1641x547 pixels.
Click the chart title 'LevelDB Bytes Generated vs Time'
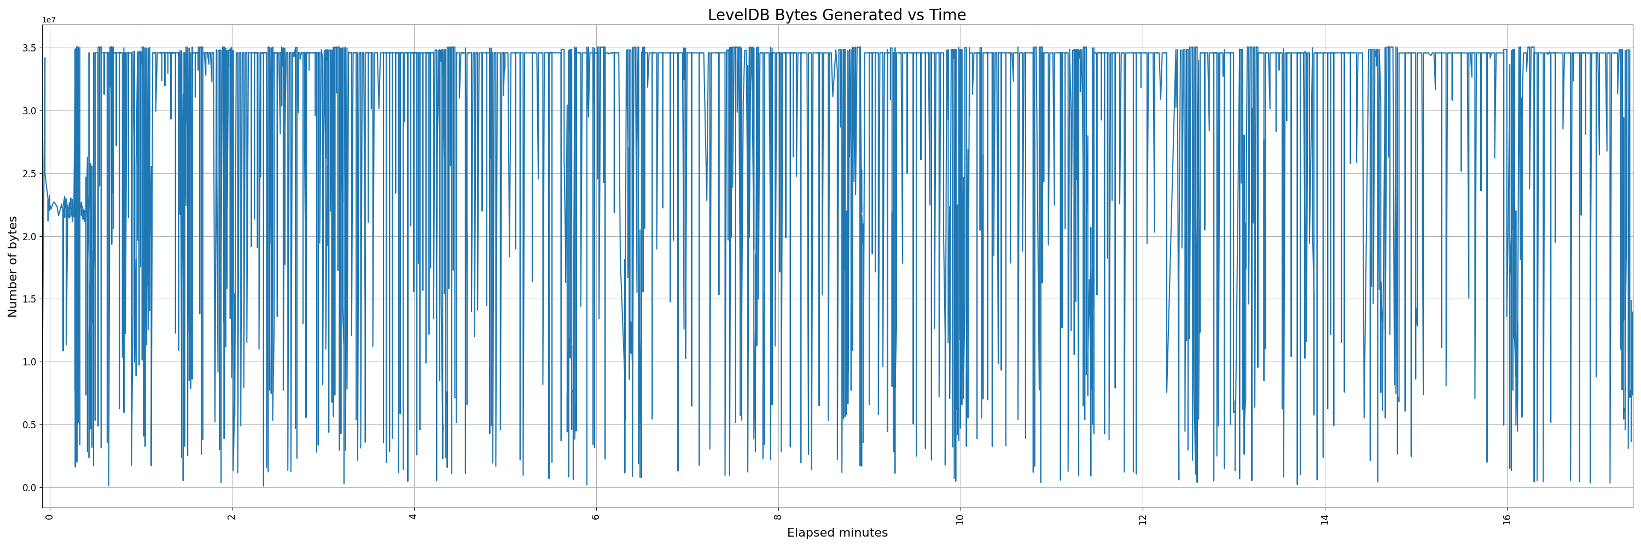(x=836, y=15)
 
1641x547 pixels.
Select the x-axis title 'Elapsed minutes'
(x=837, y=533)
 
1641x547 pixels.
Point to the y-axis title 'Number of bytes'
(x=13, y=266)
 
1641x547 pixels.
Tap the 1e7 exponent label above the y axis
(x=49, y=20)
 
